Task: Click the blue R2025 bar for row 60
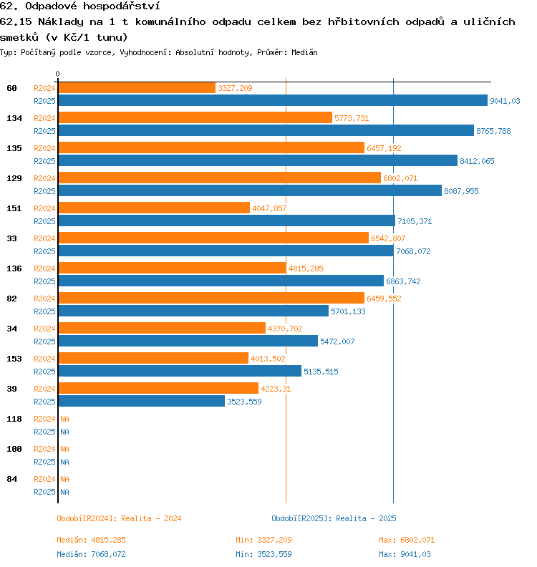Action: (x=272, y=101)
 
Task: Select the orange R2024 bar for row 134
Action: (x=195, y=117)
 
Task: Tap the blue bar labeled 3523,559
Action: (x=141, y=402)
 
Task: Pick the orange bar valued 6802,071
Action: (x=219, y=178)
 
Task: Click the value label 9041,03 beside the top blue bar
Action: (x=505, y=101)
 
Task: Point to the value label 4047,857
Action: (x=269, y=208)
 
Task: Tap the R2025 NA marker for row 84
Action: (x=64, y=492)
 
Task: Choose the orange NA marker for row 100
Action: (x=64, y=449)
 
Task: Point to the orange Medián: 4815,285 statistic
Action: (x=91, y=540)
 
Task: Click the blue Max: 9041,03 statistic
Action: (x=405, y=554)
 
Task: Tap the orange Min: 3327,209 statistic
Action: (x=263, y=540)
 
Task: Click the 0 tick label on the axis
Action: (x=57, y=74)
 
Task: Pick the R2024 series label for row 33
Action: (x=44, y=238)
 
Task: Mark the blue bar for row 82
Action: (x=193, y=311)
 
